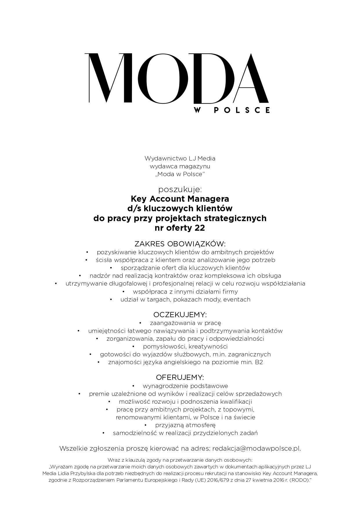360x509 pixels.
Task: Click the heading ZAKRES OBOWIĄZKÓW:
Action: (180, 243)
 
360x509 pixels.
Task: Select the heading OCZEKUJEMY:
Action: (180, 315)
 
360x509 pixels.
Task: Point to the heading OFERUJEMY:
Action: (180, 378)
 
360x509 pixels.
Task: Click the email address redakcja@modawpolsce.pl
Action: (256, 448)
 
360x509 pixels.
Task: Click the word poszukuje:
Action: (180, 189)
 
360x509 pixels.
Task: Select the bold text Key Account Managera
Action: (180, 199)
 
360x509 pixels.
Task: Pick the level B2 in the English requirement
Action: (259, 362)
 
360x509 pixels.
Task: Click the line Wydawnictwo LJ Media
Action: (180, 158)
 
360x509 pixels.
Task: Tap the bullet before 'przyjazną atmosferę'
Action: (146, 425)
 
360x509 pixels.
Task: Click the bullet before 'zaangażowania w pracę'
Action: (140, 323)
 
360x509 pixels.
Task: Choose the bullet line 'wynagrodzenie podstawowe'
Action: (185, 386)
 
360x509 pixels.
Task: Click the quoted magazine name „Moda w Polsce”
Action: (180, 174)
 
